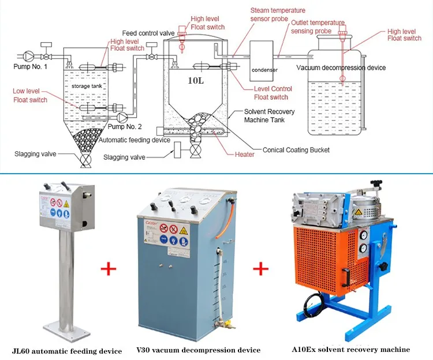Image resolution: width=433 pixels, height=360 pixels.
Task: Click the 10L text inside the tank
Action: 195,80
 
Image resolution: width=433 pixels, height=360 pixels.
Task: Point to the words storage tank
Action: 86,86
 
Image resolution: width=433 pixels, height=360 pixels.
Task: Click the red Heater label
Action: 244,155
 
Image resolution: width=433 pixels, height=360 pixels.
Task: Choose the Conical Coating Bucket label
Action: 296,150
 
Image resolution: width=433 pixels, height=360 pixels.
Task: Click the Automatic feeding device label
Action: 134,140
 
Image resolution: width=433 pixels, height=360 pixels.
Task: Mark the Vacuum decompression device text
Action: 341,67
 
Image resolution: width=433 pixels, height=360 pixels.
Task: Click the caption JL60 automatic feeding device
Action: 67,351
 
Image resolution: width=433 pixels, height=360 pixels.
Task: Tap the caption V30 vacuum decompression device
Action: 198,350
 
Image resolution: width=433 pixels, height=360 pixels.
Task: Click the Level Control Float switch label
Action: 273,93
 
